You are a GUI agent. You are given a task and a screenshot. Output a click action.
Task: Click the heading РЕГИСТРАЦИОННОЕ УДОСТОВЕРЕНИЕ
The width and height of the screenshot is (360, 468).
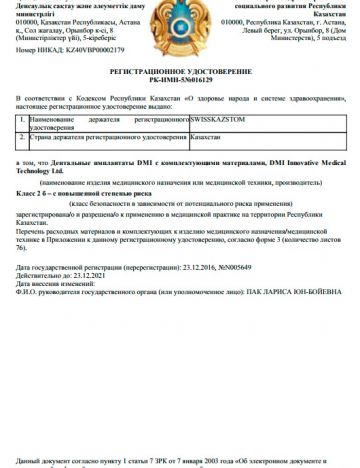pos(180,74)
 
